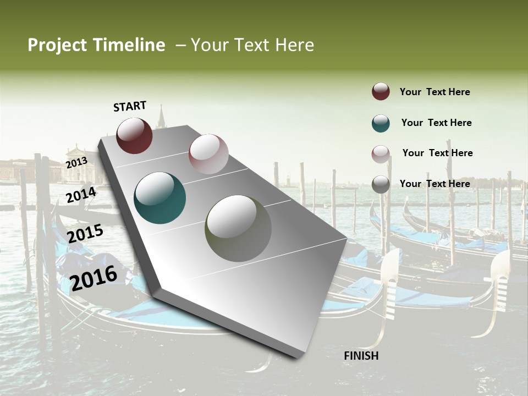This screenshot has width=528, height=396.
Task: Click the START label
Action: click(x=130, y=106)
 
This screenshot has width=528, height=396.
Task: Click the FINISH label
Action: click(x=361, y=356)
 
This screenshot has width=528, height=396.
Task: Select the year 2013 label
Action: click(x=76, y=163)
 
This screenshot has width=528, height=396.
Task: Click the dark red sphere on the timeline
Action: click(x=134, y=135)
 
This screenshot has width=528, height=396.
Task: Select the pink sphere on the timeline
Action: click(x=208, y=154)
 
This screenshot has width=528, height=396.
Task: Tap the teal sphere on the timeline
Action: click(x=159, y=198)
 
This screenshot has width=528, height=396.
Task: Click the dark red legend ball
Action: click(x=381, y=92)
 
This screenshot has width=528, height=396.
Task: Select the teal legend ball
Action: click(x=381, y=123)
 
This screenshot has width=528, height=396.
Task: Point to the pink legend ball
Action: click(x=381, y=154)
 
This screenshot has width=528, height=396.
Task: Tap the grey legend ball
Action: click(x=381, y=184)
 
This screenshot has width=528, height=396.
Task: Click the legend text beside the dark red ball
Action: click(x=435, y=92)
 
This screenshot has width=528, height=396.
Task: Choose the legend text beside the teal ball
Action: click(x=436, y=123)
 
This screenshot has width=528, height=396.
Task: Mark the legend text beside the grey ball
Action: click(x=435, y=184)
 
